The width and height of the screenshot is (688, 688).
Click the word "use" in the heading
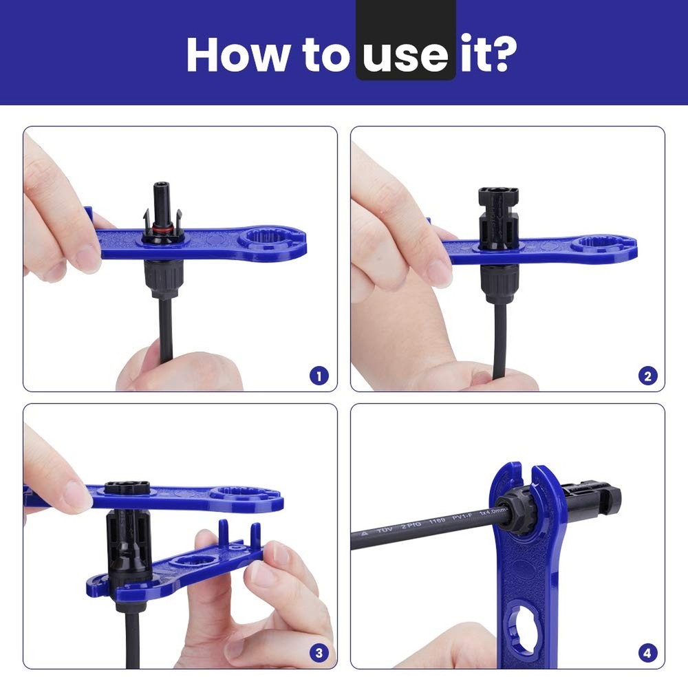point(406,54)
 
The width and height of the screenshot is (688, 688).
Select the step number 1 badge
point(319,376)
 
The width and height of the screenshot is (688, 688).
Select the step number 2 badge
point(647,376)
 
